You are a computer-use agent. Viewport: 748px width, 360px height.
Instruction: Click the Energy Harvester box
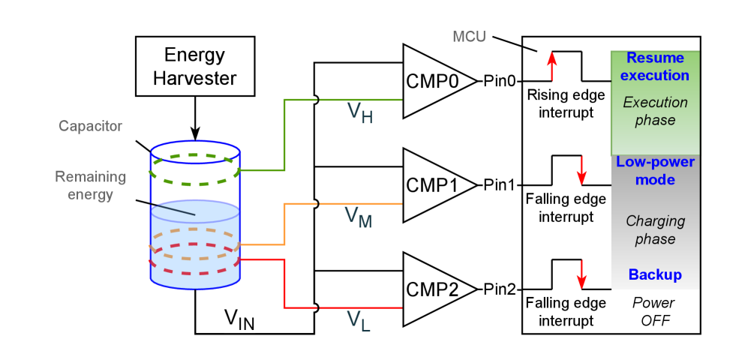click(194, 67)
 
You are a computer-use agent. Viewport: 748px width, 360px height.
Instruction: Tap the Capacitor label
click(91, 126)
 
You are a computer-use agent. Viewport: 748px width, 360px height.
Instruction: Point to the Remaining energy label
click(90, 185)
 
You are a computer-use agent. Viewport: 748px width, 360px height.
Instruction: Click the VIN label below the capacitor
click(239, 319)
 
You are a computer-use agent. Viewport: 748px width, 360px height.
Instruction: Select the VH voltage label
click(359, 112)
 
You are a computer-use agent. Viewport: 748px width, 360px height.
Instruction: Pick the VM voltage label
click(359, 217)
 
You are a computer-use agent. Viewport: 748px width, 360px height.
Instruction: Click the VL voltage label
click(359, 320)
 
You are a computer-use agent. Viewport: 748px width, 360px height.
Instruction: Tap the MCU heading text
click(469, 37)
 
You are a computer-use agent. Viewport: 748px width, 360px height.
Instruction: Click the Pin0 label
click(500, 82)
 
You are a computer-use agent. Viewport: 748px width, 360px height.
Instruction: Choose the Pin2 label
click(500, 289)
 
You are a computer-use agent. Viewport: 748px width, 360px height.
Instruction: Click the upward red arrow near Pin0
click(551, 66)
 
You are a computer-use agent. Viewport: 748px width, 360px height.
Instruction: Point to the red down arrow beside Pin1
click(581, 171)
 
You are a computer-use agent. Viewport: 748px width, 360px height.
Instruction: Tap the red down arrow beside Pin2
click(581, 274)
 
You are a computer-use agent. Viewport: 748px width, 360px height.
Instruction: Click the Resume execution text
click(655, 67)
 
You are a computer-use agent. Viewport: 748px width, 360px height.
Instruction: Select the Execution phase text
click(655, 111)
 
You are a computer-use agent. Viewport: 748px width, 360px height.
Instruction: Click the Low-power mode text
click(655, 171)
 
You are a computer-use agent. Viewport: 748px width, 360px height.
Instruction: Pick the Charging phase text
click(655, 230)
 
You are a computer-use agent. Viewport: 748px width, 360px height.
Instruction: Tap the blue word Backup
click(655, 274)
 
